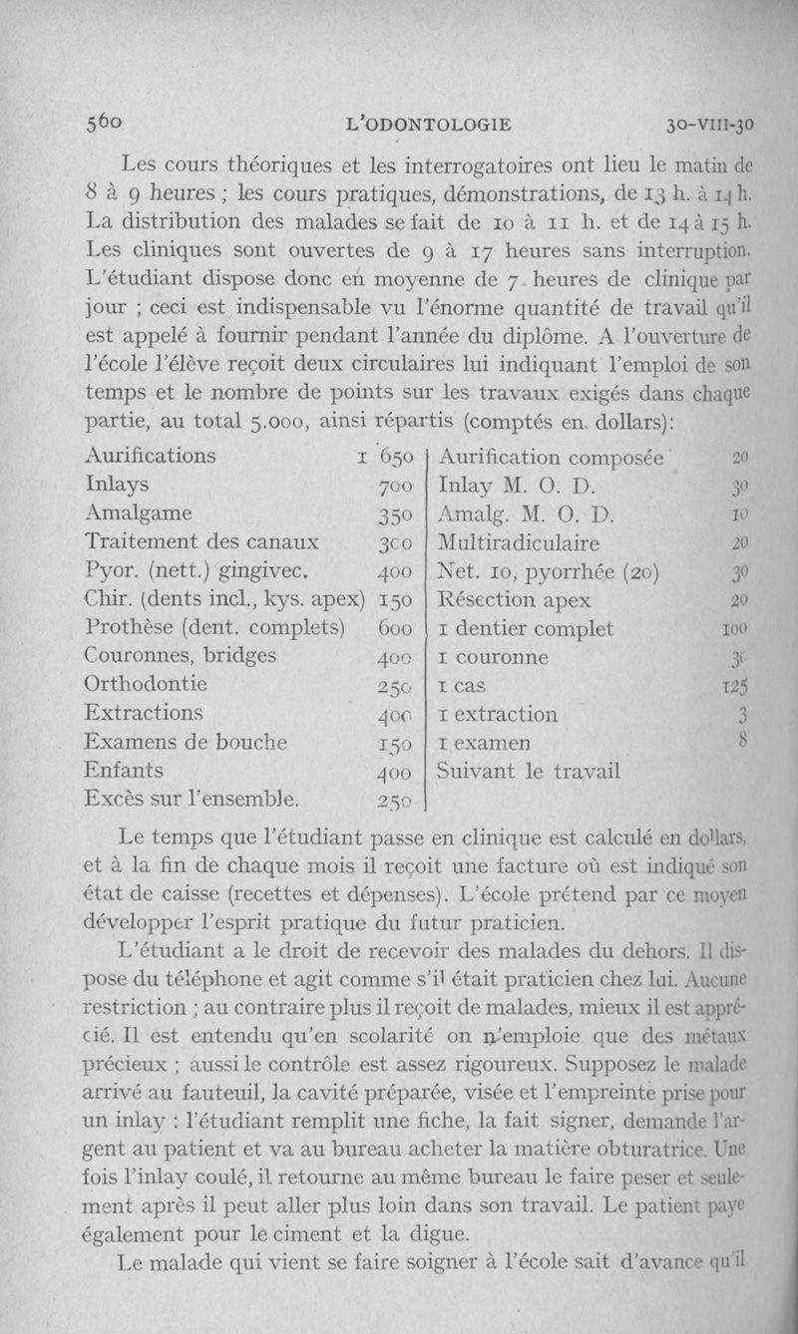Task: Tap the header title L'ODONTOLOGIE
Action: pos(427,126)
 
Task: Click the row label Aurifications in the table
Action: pos(150,456)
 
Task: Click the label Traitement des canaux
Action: pos(202,542)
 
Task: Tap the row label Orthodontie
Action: pos(146,685)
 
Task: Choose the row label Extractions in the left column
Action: pos(145,714)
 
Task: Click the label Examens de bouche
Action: pos(186,743)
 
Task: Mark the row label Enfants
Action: pos(125,771)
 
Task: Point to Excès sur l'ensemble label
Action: pos(193,800)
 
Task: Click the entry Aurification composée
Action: pos(552,457)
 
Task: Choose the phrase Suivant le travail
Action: pos(529,771)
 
